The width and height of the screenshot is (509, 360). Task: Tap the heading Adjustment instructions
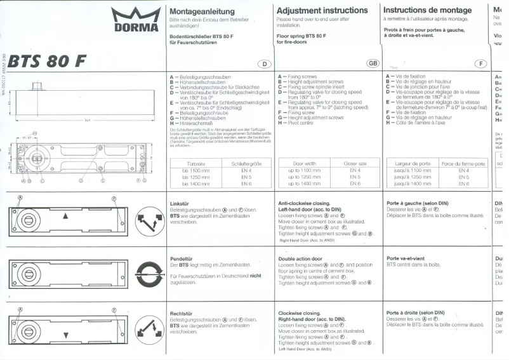(x=322, y=11)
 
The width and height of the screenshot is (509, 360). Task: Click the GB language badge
(x=373, y=63)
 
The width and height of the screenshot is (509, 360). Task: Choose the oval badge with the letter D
(x=263, y=63)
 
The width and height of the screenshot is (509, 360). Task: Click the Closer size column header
(x=355, y=163)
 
